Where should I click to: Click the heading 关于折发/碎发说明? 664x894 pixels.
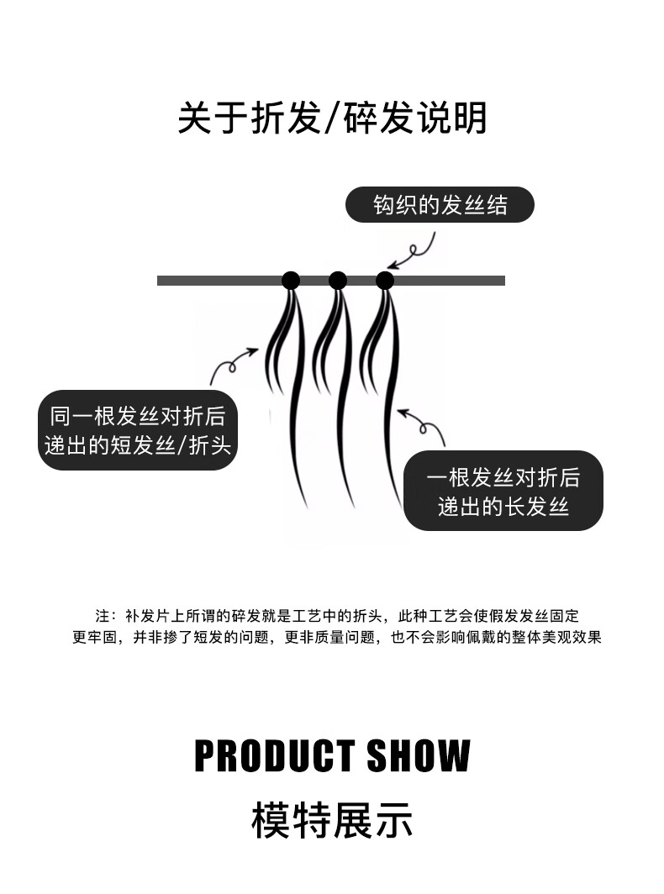pos(332,118)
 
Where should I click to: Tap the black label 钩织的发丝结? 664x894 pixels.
pos(440,204)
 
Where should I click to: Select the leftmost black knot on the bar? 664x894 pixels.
pos(290,280)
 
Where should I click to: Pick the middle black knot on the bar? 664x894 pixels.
pos(338,280)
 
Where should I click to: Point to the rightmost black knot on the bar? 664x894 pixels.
pos(385,280)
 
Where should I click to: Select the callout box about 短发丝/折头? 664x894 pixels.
pos(139,430)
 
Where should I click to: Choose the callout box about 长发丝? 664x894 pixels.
pos(503,491)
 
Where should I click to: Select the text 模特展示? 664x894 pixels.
pos(332,820)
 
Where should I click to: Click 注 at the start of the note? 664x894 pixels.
pos(103,616)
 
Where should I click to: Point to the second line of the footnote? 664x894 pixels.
pos(336,637)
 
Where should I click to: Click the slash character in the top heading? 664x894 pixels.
pos(329,118)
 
